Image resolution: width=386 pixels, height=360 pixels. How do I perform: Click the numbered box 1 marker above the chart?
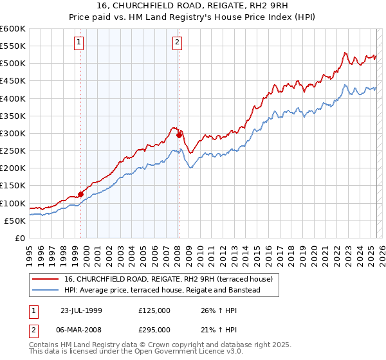(x=78, y=43)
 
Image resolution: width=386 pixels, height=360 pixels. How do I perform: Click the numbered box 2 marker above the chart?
(x=177, y=43)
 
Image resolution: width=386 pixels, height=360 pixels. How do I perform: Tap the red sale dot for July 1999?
(x=81, y=194)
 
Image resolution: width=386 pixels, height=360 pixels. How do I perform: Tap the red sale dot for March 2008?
(x=179, y=135)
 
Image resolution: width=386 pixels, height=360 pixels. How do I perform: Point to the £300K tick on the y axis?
(x=13, y=133)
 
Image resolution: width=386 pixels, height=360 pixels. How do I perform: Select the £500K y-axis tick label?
(x=13, y=63)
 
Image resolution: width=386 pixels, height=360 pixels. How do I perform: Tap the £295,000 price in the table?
(x=154, y=328)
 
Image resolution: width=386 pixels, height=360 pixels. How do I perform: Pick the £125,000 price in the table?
(x=154, y=310)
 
